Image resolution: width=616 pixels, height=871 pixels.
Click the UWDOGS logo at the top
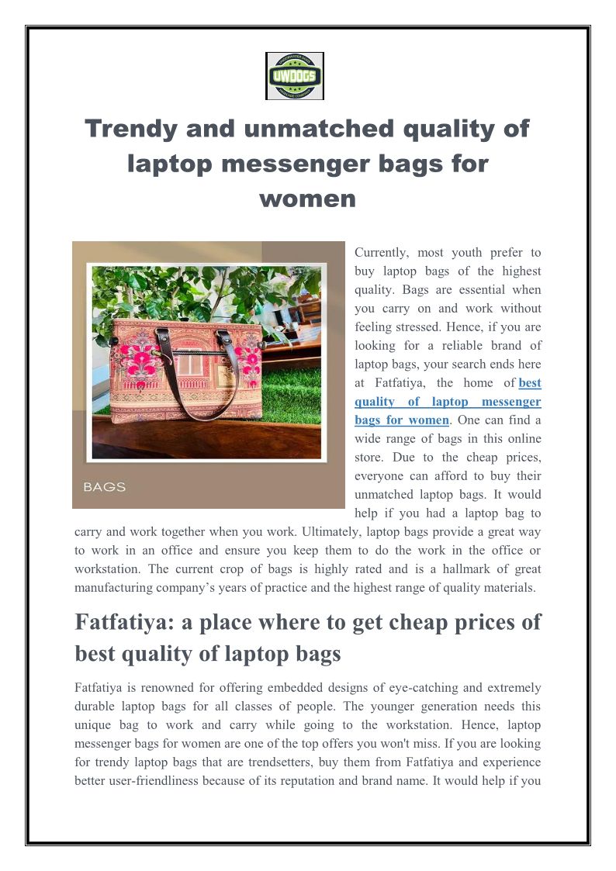[294, 76]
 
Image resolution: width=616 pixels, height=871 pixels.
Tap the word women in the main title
[307, 199]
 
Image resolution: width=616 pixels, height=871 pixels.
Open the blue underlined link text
[447, 402]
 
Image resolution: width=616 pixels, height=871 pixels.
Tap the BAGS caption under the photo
[105, 487]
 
